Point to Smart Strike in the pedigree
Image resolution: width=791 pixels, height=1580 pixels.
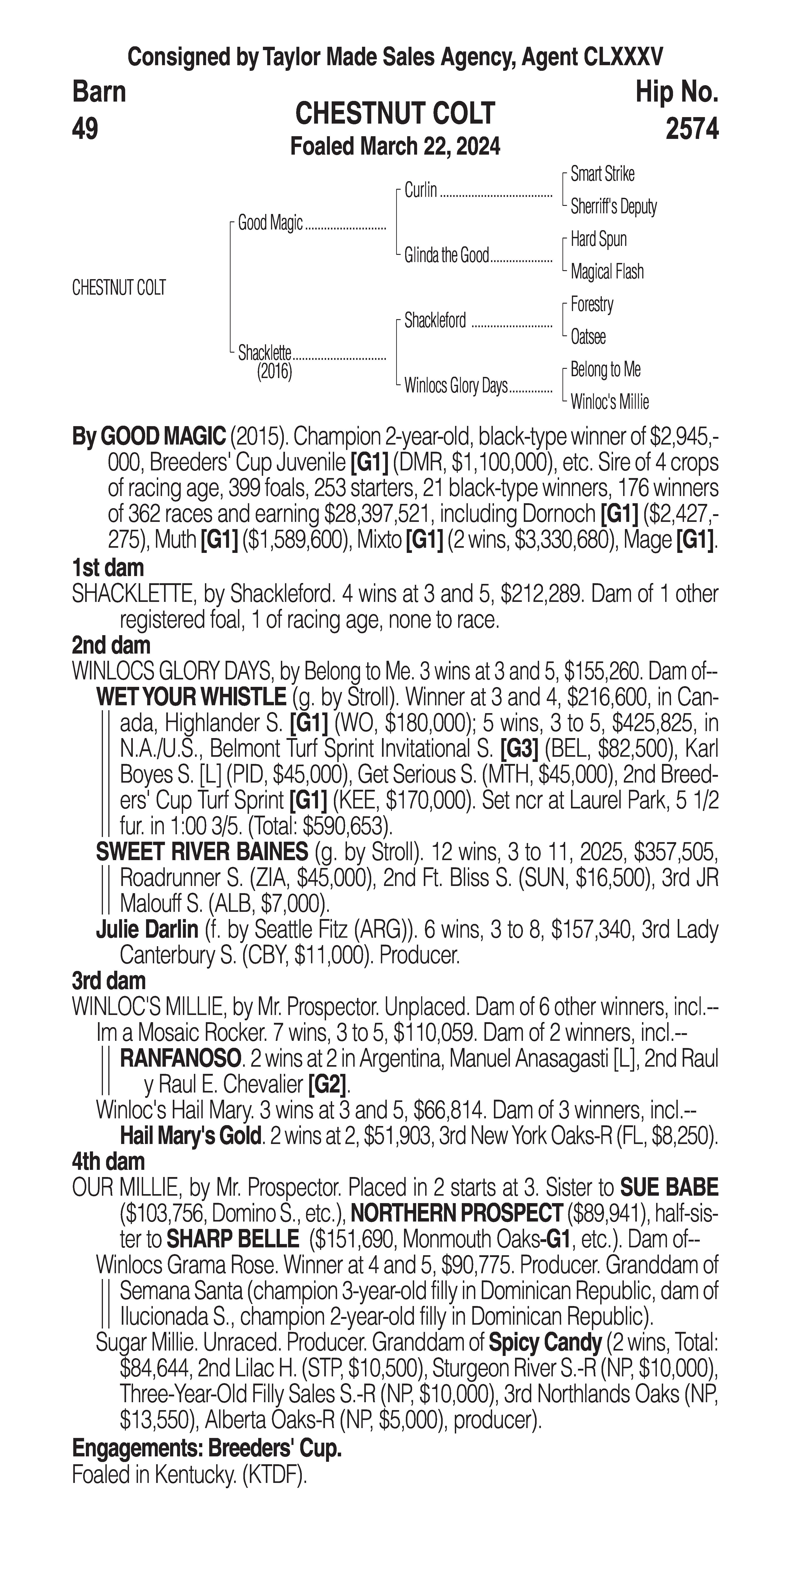pos(602,174)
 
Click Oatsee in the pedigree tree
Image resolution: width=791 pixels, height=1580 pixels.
pos(588,337)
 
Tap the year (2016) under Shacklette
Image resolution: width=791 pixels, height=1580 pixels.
pos(274,372)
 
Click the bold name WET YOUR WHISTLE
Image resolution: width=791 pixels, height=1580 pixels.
pos(191,697)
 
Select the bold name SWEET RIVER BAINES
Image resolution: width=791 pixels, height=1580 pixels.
pos(202,852)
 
